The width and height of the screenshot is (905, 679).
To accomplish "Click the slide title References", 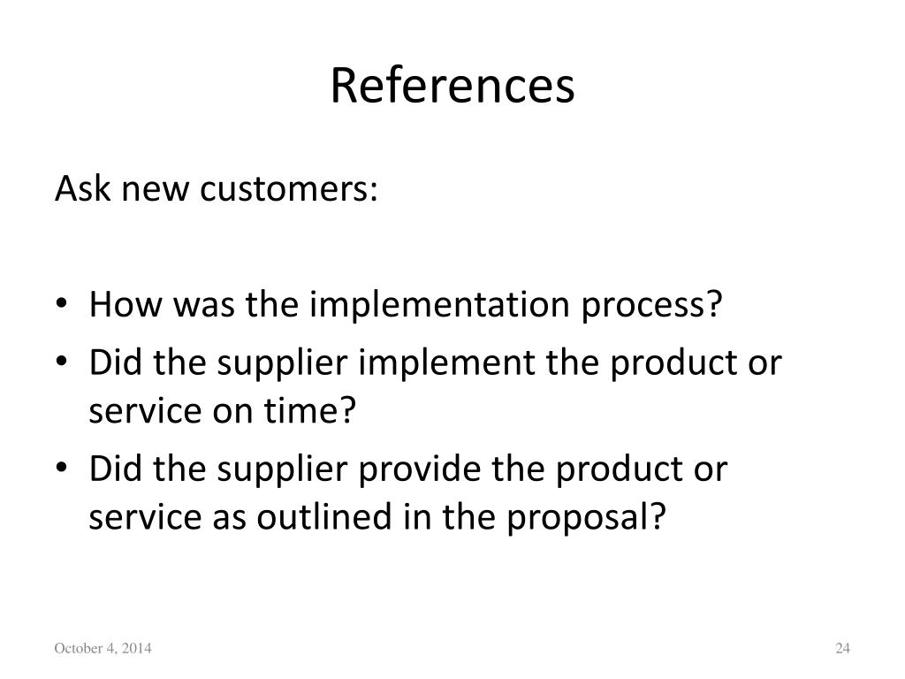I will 452,86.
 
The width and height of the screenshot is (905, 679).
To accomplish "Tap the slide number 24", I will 841,650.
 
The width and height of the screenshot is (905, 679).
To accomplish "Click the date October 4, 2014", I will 103,650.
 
